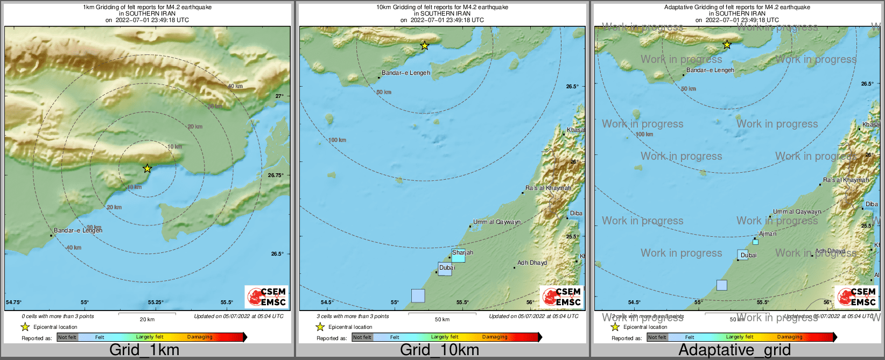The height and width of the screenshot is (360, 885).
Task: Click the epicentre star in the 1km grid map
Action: point(147,168)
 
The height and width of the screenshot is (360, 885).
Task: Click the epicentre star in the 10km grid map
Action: point(425,46)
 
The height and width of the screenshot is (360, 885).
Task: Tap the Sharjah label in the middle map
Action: point(462,252)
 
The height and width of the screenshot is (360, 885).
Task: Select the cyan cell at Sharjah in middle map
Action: point(458,258)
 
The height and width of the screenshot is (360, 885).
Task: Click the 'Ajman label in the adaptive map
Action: point(767,234)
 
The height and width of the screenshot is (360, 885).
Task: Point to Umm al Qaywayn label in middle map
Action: point(497,222)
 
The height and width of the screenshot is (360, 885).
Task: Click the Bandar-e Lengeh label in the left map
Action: point(78,230)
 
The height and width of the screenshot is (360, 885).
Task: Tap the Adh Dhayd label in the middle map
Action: point(532,263)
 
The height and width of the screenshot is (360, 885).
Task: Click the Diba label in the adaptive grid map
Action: point(872,204)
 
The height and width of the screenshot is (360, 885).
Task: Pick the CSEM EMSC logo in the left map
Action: point(266,297)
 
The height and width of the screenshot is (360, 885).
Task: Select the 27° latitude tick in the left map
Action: point(279,96)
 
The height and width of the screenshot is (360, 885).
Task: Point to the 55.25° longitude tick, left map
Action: point(156,302)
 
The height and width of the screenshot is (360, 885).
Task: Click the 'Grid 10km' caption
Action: point(439,350)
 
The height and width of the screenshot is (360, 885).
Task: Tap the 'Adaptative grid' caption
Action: point(734,350)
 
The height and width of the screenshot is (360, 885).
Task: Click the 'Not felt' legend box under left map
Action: point(67,337)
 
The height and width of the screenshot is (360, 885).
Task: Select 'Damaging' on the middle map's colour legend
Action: point(495,337)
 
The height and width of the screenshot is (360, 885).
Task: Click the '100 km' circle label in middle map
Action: point(337,140)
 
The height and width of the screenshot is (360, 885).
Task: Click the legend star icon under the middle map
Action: point(320,327)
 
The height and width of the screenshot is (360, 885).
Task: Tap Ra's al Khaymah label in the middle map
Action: point(548,188)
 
